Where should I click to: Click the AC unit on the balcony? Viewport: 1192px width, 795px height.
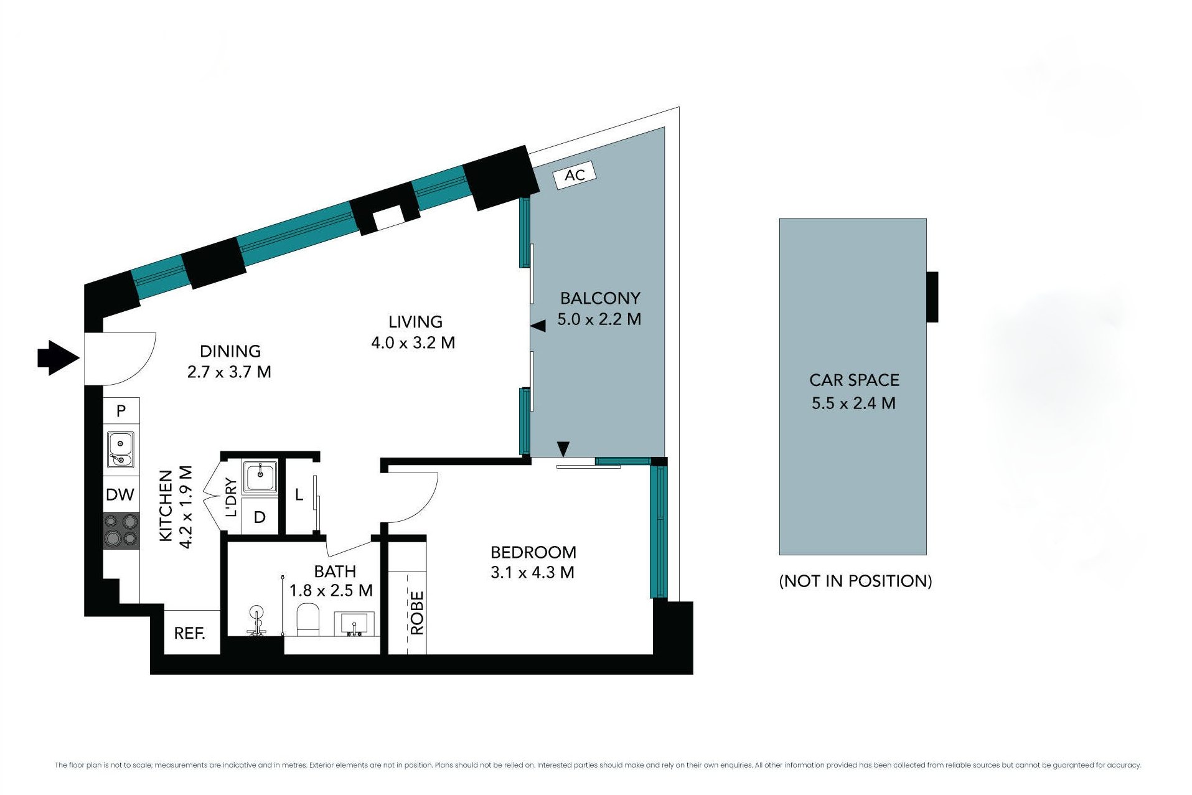tap(575, 175)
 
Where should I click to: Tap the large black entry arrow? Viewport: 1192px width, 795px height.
tap(59, 358)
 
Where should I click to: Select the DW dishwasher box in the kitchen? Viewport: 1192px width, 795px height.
tap(121, 494)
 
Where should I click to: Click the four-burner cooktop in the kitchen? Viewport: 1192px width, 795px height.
tap(121, 530)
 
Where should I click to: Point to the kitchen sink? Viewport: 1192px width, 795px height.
tap(121, 449)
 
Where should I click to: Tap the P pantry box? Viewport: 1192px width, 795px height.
tap(121, 411)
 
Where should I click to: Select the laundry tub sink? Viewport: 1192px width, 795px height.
tap(260, 477)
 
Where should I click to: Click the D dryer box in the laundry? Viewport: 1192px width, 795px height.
tap(260, 516)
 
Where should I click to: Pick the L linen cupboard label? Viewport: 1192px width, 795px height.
tap(299, 495)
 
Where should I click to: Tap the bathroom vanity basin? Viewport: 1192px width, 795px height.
tap(355, 623)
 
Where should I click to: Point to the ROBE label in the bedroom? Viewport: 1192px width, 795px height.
tap(417, 613)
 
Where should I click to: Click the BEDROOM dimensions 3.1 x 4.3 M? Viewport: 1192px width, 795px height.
tap(532, 572)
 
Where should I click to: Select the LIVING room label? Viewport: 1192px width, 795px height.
tap(415, 322)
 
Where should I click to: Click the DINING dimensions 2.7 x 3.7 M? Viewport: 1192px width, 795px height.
tap(229, 372)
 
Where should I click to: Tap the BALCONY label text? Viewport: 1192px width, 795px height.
tap(600, 298)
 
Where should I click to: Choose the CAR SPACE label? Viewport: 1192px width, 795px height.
tap(854, 380)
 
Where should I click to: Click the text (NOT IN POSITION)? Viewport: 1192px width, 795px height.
tap(855, 581)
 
